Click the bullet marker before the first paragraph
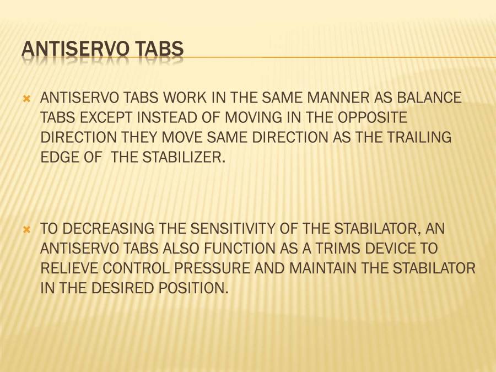pyautogui.click(x=27, y=99)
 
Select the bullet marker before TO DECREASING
pyautogui.click(x=27, y=230)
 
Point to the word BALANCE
pyautogui.click(x=429, y=98)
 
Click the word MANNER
pyautogui.click(x=338, y=98)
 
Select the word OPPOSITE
pyautogui.click(x=372, y=117)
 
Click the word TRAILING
pyautogui.click(x=419, y=137)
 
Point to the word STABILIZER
pyautogui.click(x=184, y=157)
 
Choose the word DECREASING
pyautogui.click(x=108, y=228)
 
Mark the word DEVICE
pyautogui.click(x=390, y=248)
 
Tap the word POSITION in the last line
pyautogui.click(x=193, y=288)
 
